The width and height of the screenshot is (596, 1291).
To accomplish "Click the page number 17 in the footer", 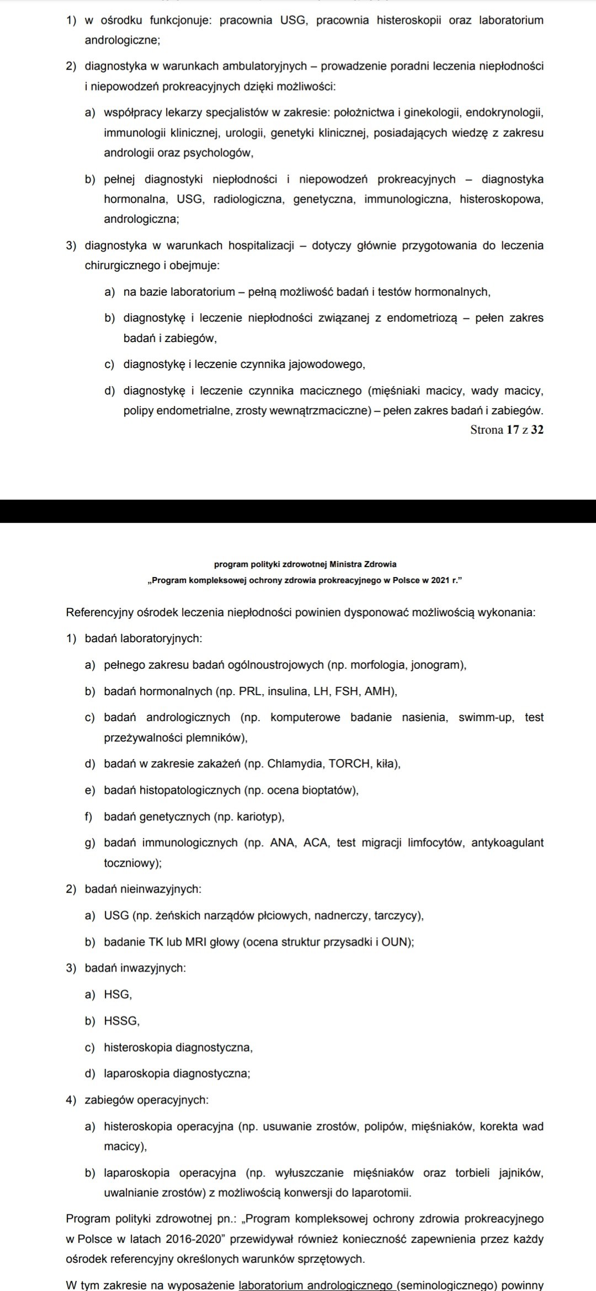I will click(513, 430).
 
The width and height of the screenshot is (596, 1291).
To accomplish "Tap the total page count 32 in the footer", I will click(537, 430).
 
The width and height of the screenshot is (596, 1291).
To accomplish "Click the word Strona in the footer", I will click(487, 430).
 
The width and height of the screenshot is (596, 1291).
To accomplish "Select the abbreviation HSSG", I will click(121, 1021).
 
